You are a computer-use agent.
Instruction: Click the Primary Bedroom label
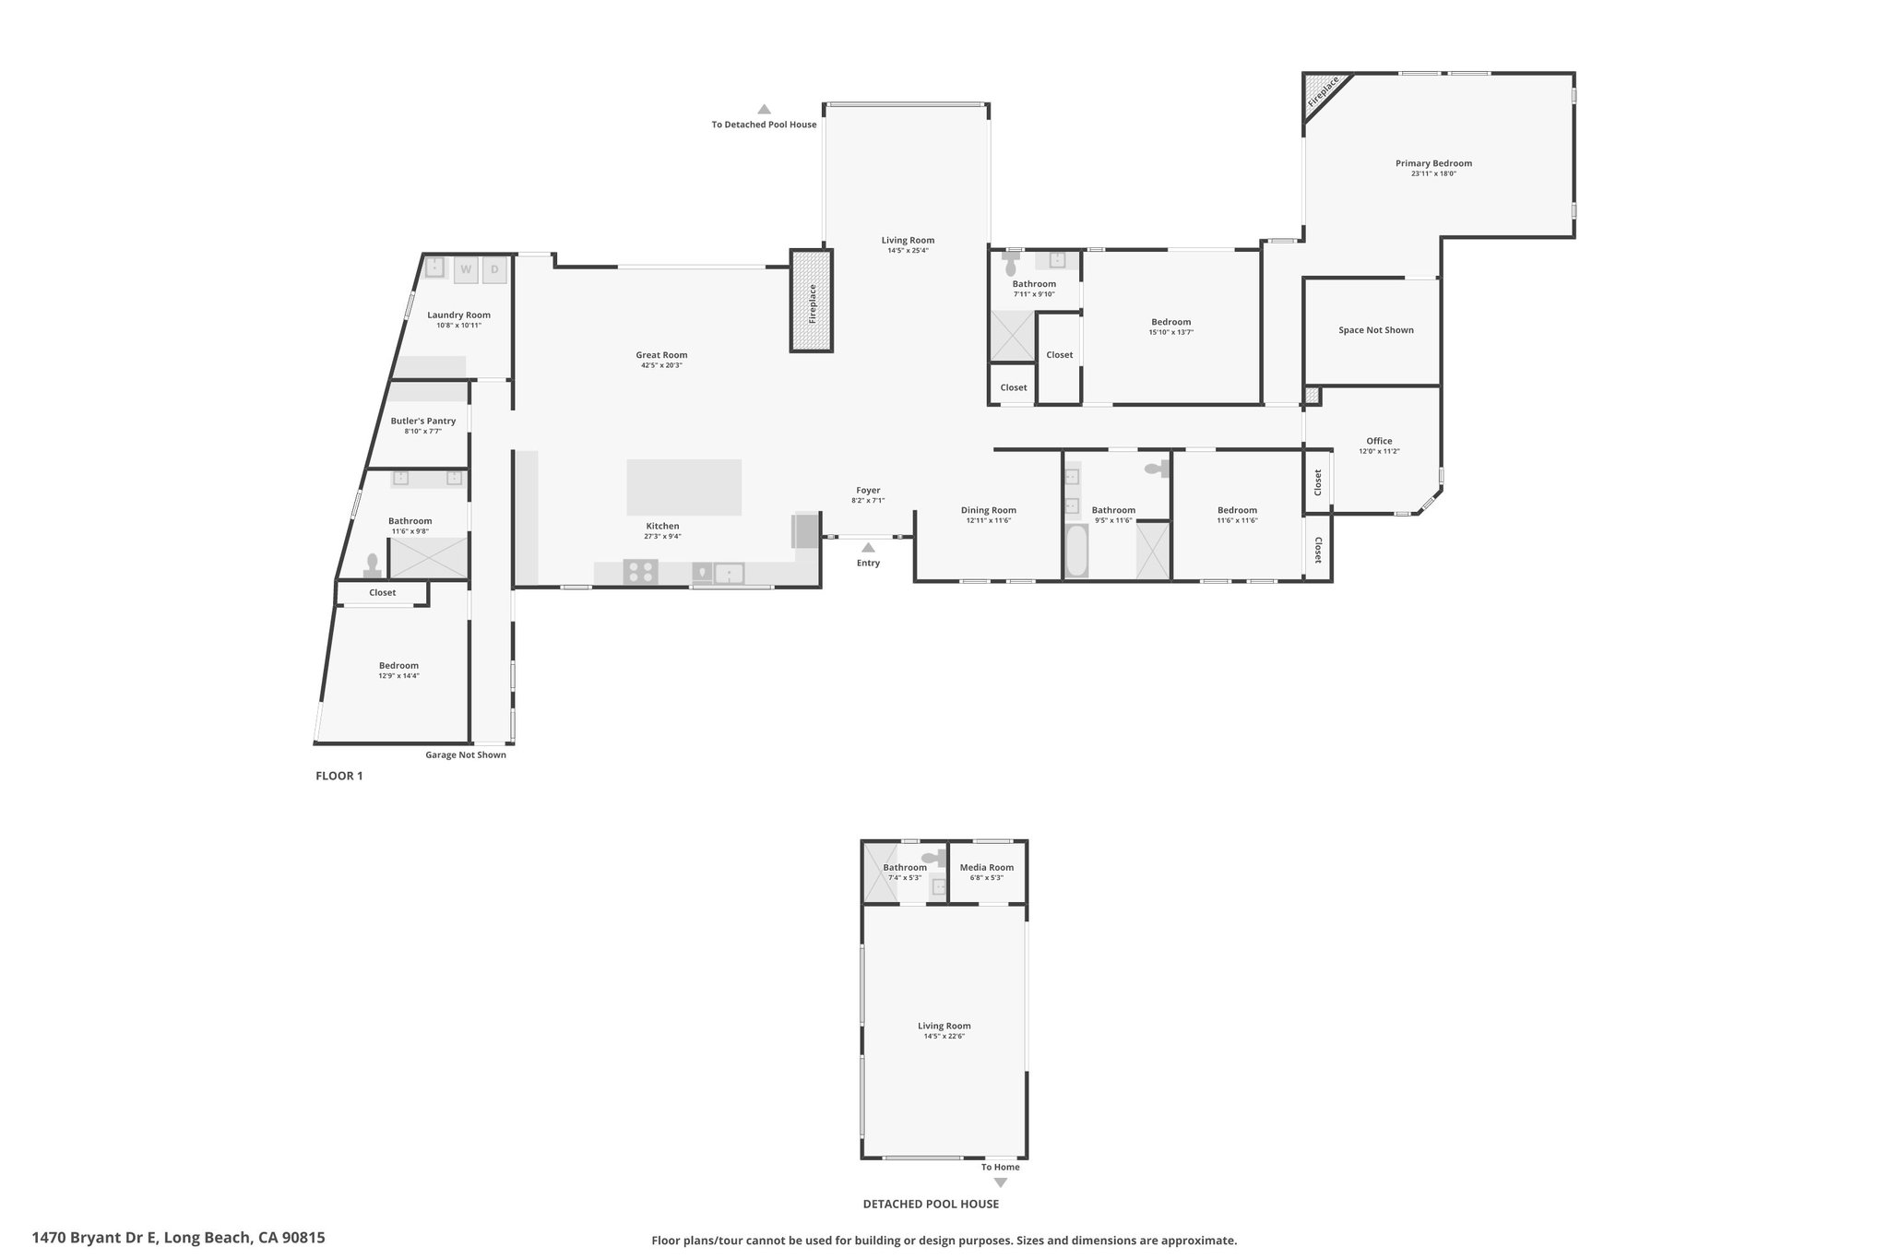click(1433, 163)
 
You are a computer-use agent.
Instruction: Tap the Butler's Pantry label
click(423, 421)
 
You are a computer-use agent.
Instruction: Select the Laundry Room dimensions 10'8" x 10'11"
click(459, 326)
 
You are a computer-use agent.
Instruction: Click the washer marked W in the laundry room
click(466, 269)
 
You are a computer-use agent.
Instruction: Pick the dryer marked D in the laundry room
click(494, 269)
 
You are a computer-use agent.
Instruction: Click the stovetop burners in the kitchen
click(641, 572)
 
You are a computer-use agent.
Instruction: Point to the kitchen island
click(684, 487)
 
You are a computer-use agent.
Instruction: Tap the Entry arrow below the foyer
click(868, 547)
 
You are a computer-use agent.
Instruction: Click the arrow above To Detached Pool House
click(764, 109)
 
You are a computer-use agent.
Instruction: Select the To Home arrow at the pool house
click(1001, 1182)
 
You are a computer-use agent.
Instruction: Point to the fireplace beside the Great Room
click(812, 301)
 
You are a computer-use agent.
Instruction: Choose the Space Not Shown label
click(1376, 330)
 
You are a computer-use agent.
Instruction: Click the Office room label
click(1380, 441)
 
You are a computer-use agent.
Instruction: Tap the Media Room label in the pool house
click(987, 867)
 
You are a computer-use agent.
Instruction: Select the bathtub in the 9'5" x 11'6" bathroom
click(1076, 551)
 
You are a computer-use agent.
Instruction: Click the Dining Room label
click(989, 510)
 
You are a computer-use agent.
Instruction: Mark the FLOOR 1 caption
click(339, 776)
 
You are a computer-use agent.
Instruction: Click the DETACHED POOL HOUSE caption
click(931, 1204)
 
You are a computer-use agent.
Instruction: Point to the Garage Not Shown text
click(466, 754)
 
